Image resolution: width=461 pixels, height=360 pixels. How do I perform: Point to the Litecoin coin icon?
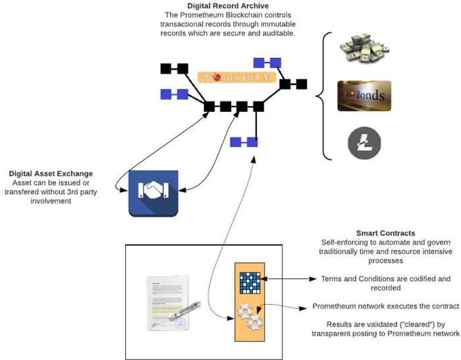pos(364,142)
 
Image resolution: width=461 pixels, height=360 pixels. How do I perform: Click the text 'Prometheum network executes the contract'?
pos(385,307)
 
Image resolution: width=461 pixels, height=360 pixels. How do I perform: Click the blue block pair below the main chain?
pos(244,141)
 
